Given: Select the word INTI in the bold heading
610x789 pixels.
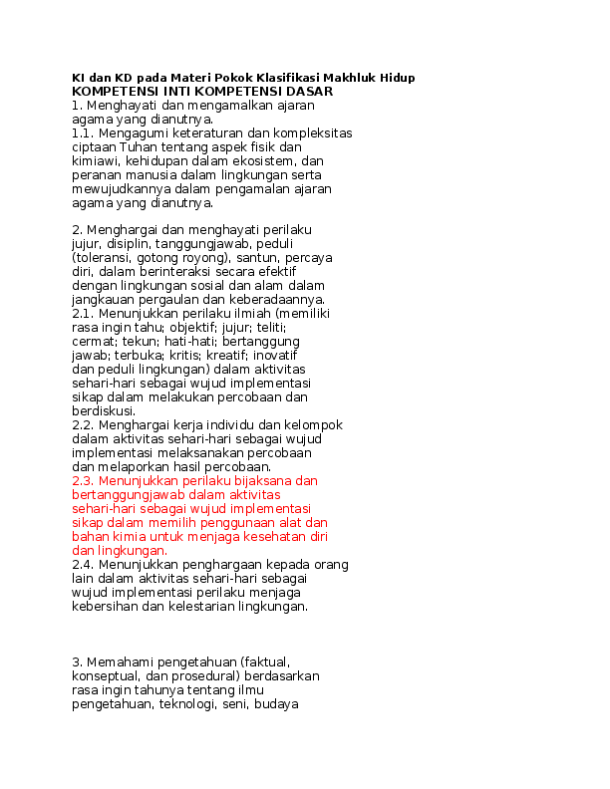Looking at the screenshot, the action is (x=176, y=92).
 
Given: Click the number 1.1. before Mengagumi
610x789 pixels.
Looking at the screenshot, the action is (x=83, y=133).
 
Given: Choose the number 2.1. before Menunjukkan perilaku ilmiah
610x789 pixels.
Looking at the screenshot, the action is (x=83, y=314).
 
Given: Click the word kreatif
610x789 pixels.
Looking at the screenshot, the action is (x=226, y=356).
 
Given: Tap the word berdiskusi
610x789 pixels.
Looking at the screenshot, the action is (x=104, y=411).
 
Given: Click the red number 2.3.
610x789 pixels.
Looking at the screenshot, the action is (x=83, y=481).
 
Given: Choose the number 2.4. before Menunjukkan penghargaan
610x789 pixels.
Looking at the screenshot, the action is (x=83, y=565).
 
